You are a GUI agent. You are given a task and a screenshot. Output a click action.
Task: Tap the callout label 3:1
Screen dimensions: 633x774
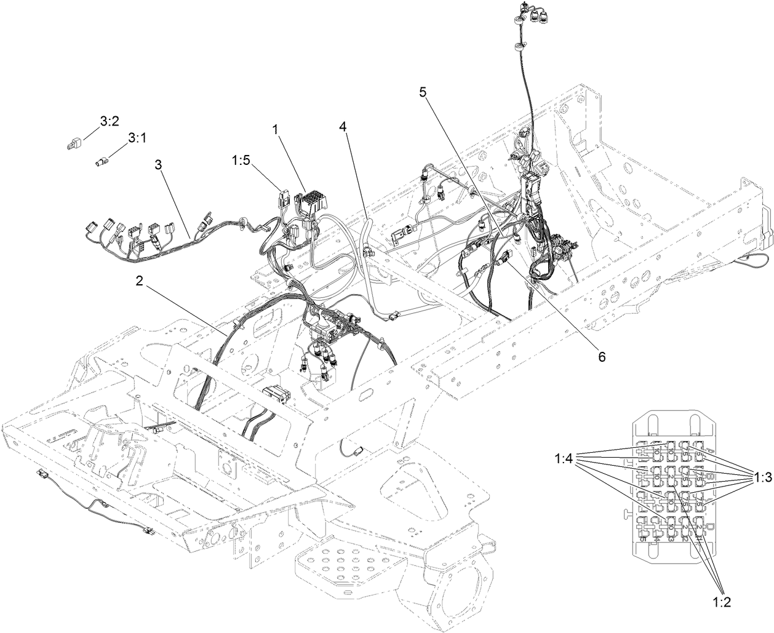(x=137, y=140)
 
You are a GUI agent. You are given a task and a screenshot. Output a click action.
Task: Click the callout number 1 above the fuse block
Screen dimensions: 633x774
(x=275, y=129)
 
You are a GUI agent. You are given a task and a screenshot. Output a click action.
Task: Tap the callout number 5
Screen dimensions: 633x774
(x=423, y=92)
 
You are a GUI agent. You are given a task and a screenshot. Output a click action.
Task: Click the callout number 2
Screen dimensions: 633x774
(x=140, y=281)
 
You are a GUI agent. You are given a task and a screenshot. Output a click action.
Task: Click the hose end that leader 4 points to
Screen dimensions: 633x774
(x=369, y=219)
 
